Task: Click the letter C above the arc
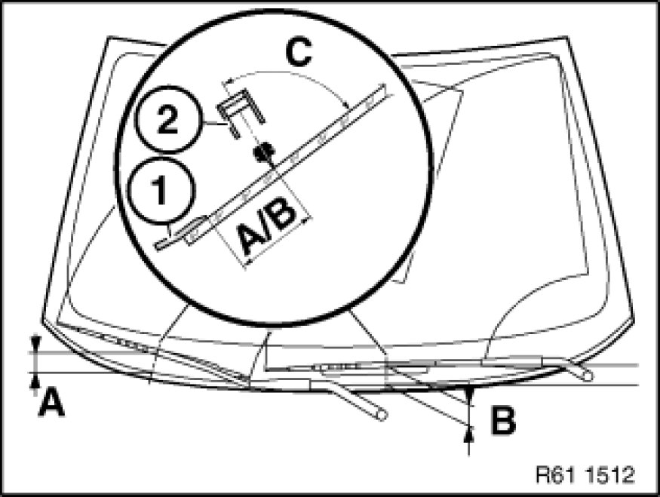299,53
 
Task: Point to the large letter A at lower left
51,402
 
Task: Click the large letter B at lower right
503,419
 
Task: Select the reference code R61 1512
585,474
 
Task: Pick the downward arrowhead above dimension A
36,344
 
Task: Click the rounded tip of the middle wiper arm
382,415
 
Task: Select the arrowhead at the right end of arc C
346,106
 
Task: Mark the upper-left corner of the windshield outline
109,38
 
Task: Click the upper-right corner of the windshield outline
569,37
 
